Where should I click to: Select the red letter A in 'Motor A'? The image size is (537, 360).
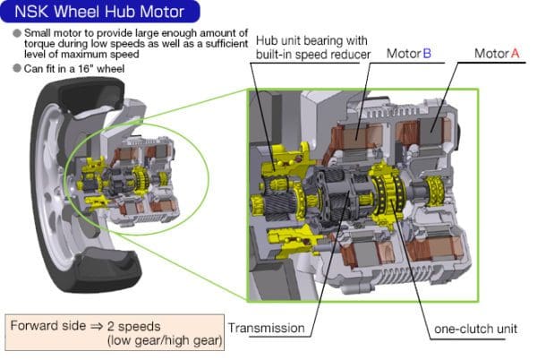[515, 54]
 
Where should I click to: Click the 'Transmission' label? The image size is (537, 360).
[268, 328]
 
